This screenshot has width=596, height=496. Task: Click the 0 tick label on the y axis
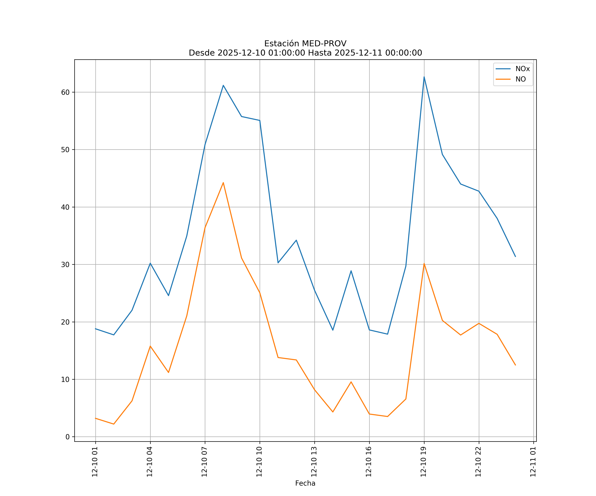(68, 437)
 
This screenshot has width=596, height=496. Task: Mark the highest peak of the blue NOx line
(424, 77)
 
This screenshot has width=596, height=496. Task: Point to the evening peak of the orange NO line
(424, 264)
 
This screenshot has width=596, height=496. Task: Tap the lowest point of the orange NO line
(114, 424)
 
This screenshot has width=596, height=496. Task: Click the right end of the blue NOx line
(515, 256)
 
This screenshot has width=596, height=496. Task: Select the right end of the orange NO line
(515, 365)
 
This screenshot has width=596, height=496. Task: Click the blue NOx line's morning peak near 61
(223, 85)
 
